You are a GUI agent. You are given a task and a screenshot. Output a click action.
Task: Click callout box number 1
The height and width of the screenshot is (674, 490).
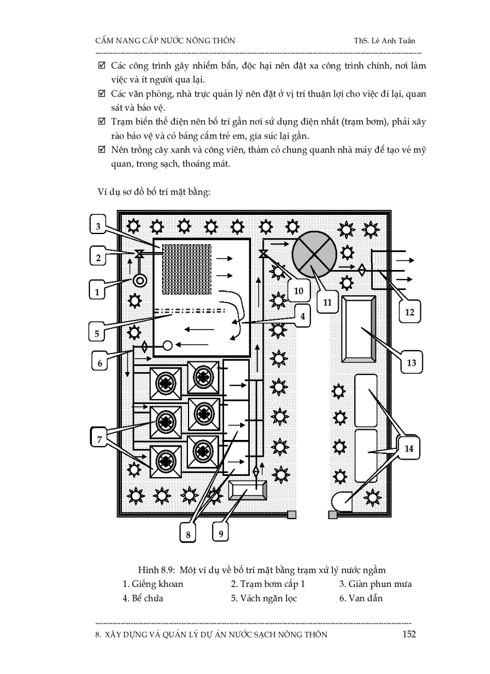click(97, 292)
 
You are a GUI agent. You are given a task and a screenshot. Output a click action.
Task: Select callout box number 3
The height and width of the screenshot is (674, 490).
click(97, 226)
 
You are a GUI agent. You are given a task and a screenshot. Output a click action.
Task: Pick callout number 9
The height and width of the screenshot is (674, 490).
click(221, 532)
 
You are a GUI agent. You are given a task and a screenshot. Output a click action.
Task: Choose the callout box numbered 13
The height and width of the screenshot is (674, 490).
click(411, 363)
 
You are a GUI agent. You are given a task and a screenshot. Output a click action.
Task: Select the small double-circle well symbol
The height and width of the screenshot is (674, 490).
click(140, 280)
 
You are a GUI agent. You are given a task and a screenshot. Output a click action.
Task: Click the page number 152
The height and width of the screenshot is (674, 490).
click(408, 634)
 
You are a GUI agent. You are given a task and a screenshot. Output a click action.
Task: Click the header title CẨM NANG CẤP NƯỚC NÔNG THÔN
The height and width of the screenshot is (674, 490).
click(165, 41)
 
